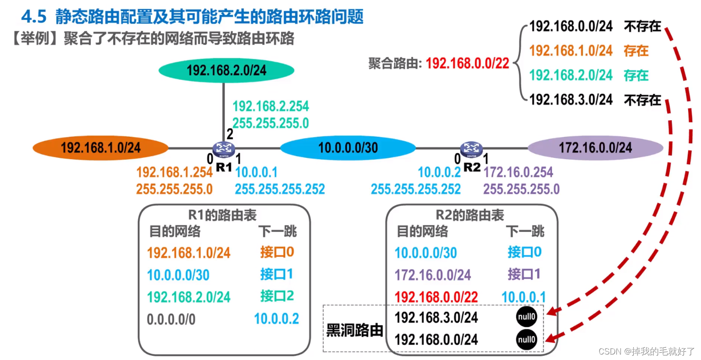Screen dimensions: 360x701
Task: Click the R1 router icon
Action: pyautogui.click(x=224, y=149)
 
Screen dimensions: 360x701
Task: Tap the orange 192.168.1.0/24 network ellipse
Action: pyautogui.click(x=101, y=148)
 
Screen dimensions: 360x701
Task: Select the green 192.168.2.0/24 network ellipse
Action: pyautogui.click(x=226, y=70)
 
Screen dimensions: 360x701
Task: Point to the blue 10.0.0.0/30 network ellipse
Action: pyautogui.click(x=348, y=148)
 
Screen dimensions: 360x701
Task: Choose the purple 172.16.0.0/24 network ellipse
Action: pyautogui.click(x=595, y=148)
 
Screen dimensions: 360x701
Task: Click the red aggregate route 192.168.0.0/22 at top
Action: pyautogui.click(x=467, y=63)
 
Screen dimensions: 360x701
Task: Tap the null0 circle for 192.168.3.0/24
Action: pyautogui.click(x=526, y=317)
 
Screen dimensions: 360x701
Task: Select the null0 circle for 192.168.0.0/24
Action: pyautogui.click(x=526, y=339)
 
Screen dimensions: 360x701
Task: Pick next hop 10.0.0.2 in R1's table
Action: pyautogui.click(x=276, y=319)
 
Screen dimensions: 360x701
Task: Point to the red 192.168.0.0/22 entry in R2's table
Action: pyautogui.click(x=436, y=297)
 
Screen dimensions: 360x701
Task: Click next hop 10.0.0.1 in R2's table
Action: pyautogui.click(x=524, y=297)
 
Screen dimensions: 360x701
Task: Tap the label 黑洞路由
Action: pyautogui.click(x=354, y=330)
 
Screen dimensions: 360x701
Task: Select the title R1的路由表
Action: pyautogui.click(x=222, y=215)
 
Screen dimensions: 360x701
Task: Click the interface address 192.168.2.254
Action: pyautogui.click(x=271, y=106)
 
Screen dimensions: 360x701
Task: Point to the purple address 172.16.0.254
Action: pyautogui.click(x=518, y=172)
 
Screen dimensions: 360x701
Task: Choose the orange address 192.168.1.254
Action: pyautogui.click(x=174, y=172)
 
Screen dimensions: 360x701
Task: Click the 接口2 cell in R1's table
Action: pyautogui.click(x=277, y=296)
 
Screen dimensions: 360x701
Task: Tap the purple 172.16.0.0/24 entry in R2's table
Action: pyautogui.click(x=433, y=275)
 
